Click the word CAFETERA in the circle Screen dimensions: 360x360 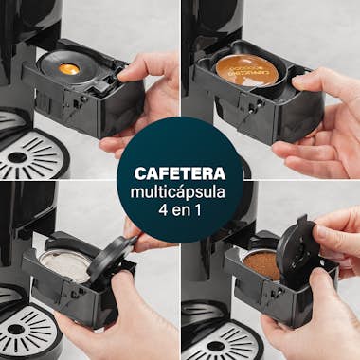coord(179,173)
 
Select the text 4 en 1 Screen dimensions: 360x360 coord(179,211)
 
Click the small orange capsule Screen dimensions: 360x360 coord(68,68)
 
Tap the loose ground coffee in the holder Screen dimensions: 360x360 coord(262,265)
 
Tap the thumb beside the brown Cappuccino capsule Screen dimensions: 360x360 coord(308,81)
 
